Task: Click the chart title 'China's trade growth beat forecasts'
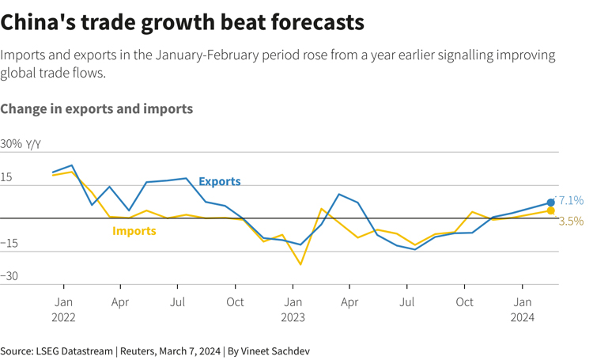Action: pyautogui.click(x=183, y=22)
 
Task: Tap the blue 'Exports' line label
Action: pyautogui.click(x=219, y=181)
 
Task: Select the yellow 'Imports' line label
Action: pyautogui.click(x=134, y=231)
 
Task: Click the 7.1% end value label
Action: pyautogui.click(x=570, y=200)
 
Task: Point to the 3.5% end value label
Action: pyautogui.click(x=571, y=222)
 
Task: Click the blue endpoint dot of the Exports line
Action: pyautogui.click(x=551, y=203)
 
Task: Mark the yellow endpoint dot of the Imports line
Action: pyautogui.click(x=551, y=210)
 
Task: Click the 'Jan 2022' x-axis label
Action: pyautogui.click(x=63, y=309)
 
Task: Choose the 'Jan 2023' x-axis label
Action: pyautogui.click(x=293, y=309)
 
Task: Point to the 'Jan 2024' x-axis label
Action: pyautogui.click(x=523, y=309)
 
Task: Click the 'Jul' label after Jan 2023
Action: pyautogui.click(x=408, y=301)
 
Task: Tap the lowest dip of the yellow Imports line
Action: pyautogui.click(x=300, y=263)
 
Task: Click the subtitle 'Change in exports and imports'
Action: pyautogui.click(x=96, y=108)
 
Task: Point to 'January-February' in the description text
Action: pyautogui.click(x=202, y=55)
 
